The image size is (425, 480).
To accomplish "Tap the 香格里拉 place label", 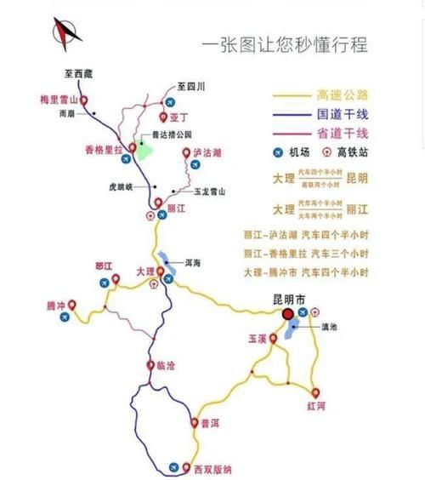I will pos(104,149).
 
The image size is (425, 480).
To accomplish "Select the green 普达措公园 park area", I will pos(146,149).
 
